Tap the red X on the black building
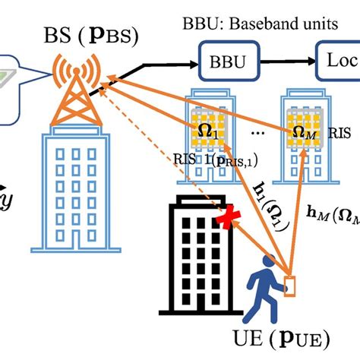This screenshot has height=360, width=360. click(x=224, y=219)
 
